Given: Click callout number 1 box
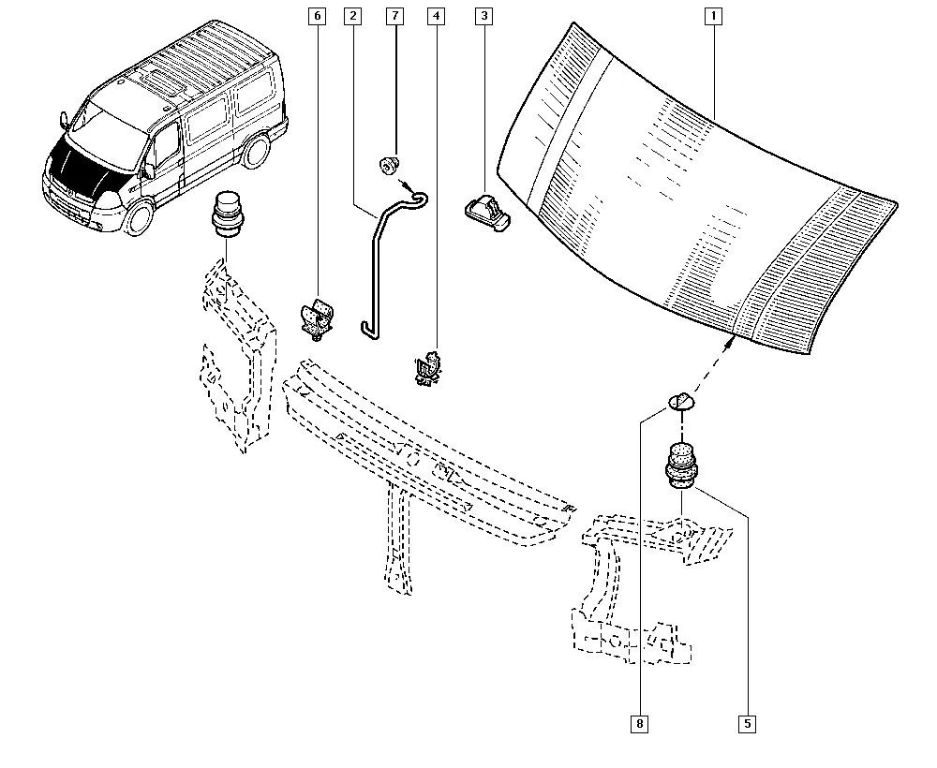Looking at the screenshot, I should click(713, 16).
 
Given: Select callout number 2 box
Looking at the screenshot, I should click(352, 16).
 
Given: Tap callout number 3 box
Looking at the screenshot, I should click(483, 16).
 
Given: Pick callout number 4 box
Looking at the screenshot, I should click(436, 16).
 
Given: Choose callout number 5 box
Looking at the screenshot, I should click(747, 723).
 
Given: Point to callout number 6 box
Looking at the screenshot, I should click(316, 16).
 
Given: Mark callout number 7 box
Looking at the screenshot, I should click(394, 16).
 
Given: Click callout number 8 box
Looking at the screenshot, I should click(639, 723).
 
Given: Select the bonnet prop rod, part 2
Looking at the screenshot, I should click(374, 272).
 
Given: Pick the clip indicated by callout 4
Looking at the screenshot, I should click(428, 367).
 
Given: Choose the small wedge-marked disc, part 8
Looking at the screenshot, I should click(679, 403).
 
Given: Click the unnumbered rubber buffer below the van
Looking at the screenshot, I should click(225, 214).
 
